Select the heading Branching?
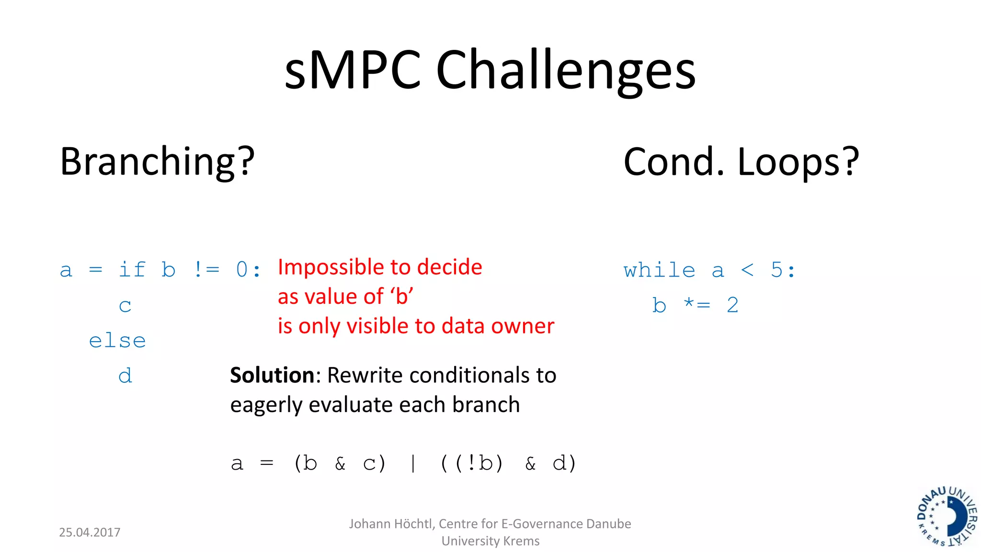(x=157, y=162)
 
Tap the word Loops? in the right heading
(x=798, y=162)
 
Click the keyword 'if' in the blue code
(x=132, y=269)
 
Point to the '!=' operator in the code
(x=206, y=269)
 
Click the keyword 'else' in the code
(x=117, y=341)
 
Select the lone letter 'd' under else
(x=125, y=376)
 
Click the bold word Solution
(x=272, y=375)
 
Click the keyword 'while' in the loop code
(x=659, y=270)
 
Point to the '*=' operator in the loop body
(x=697, y=305)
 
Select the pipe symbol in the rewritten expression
(x=413, y=463)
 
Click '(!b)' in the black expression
(x=479, y=463)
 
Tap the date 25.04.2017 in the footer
(x=90, y=532)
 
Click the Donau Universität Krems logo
(x=947, y=517)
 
